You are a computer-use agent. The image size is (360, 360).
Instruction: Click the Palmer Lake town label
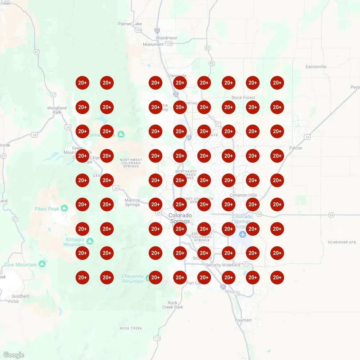point(130,24)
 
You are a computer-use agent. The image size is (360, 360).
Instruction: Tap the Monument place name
point(153,44)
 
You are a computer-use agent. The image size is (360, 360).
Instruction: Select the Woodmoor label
point(166,38)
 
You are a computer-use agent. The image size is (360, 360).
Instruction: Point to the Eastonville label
point(316,67)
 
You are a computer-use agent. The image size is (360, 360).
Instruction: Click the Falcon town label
point(296,148)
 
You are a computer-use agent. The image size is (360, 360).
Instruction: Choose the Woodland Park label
point(57,110)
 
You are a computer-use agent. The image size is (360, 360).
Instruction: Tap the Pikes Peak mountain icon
point(64,208)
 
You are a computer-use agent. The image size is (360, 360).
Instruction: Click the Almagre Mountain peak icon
point(90,241)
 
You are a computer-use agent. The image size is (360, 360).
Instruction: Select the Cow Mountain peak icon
point(42,264)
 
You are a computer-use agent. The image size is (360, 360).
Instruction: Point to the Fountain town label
point(243,320)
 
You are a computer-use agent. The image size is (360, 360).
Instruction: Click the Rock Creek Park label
point(173,305)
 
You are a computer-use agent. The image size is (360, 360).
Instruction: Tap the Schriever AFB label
point(342,242)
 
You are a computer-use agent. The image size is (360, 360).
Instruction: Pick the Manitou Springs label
point(132,202)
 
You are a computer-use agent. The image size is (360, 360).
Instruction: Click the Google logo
point(14,355)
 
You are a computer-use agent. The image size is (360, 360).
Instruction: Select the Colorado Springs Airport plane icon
point(242,234)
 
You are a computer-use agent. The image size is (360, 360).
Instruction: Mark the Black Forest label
point(243,98)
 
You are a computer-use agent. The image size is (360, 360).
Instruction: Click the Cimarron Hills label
point(243,195)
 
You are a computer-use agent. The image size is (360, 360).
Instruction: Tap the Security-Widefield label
point(223,265)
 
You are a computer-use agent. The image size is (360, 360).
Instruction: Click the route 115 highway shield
point(157,338)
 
